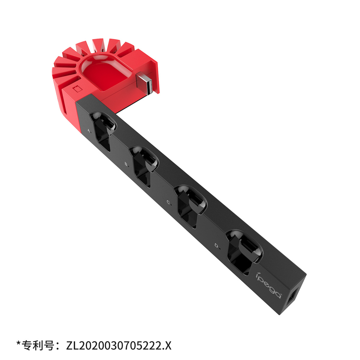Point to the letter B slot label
coord(127,164)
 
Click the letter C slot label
coord(169,202)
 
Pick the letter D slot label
coord(217,245)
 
